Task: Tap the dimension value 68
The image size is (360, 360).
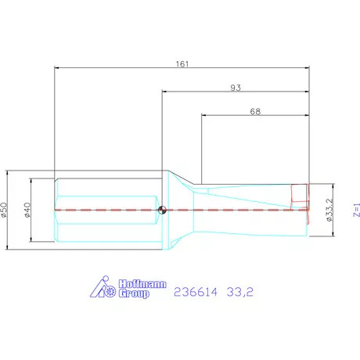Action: pyautogui.click(x=255, y=111)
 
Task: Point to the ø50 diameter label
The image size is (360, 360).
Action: pyautogui.click(x=5, y=211)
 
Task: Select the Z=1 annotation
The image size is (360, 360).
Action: pyautogui.click(x=355, y=211)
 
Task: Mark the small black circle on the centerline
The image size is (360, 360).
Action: pyautogui.click(x=162, y=209)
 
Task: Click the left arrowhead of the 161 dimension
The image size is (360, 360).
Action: pyautogui.click(x=56, y=67)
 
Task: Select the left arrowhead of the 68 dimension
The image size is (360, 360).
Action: pyautogui.click(x=204, y=117)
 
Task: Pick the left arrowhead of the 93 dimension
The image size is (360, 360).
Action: pyautogui.click(x=164, y=92)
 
